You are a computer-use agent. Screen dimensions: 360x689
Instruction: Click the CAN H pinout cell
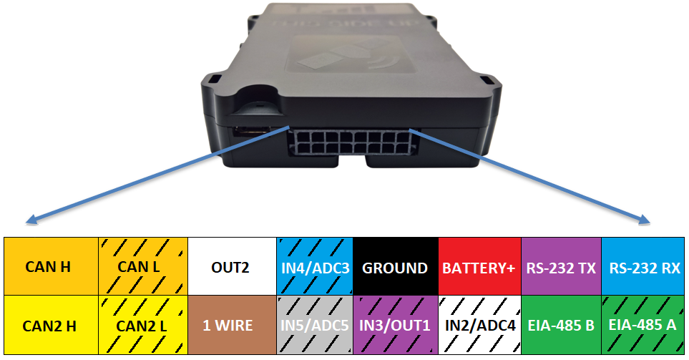[48, 267]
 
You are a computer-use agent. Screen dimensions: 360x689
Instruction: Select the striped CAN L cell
[142, 267]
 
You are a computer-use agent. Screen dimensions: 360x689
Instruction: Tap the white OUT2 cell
[230, 267]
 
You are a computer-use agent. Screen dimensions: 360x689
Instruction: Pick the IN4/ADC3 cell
[315, 267]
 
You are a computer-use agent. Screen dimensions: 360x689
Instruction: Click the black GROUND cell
[395, 267]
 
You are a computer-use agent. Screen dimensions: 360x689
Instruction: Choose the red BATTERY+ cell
[479, 267]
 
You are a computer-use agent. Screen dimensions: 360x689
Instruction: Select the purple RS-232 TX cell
[561, 267]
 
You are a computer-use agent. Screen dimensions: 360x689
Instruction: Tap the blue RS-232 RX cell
[643, 267]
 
